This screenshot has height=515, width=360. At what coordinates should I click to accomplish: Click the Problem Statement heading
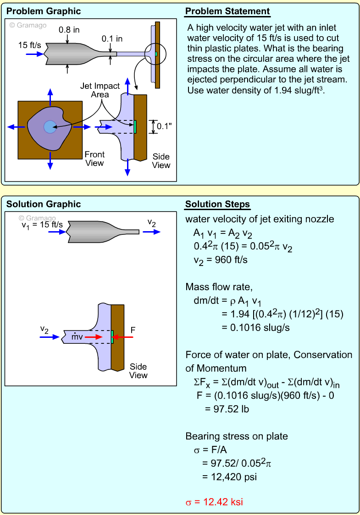tap(227, 11)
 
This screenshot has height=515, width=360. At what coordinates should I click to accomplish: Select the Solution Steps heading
tap(218, 204)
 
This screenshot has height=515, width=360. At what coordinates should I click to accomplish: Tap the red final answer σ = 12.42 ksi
tap(214, 502)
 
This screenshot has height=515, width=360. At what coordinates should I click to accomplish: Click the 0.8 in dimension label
tap(69, 30)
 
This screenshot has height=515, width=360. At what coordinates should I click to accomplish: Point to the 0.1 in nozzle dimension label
tap(112, 39)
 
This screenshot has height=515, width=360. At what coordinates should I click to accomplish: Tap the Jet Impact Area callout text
tap(100, 90)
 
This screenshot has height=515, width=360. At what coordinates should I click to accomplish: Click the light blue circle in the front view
tap(50, 127)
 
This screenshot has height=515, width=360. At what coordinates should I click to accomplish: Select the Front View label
tap(94, 158)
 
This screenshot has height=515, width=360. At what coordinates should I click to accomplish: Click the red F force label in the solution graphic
tap(133, 329)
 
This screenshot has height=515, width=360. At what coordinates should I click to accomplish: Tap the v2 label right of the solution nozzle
tap(152, 222)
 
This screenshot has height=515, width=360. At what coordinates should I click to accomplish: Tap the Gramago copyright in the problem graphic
tap(28, 25)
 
